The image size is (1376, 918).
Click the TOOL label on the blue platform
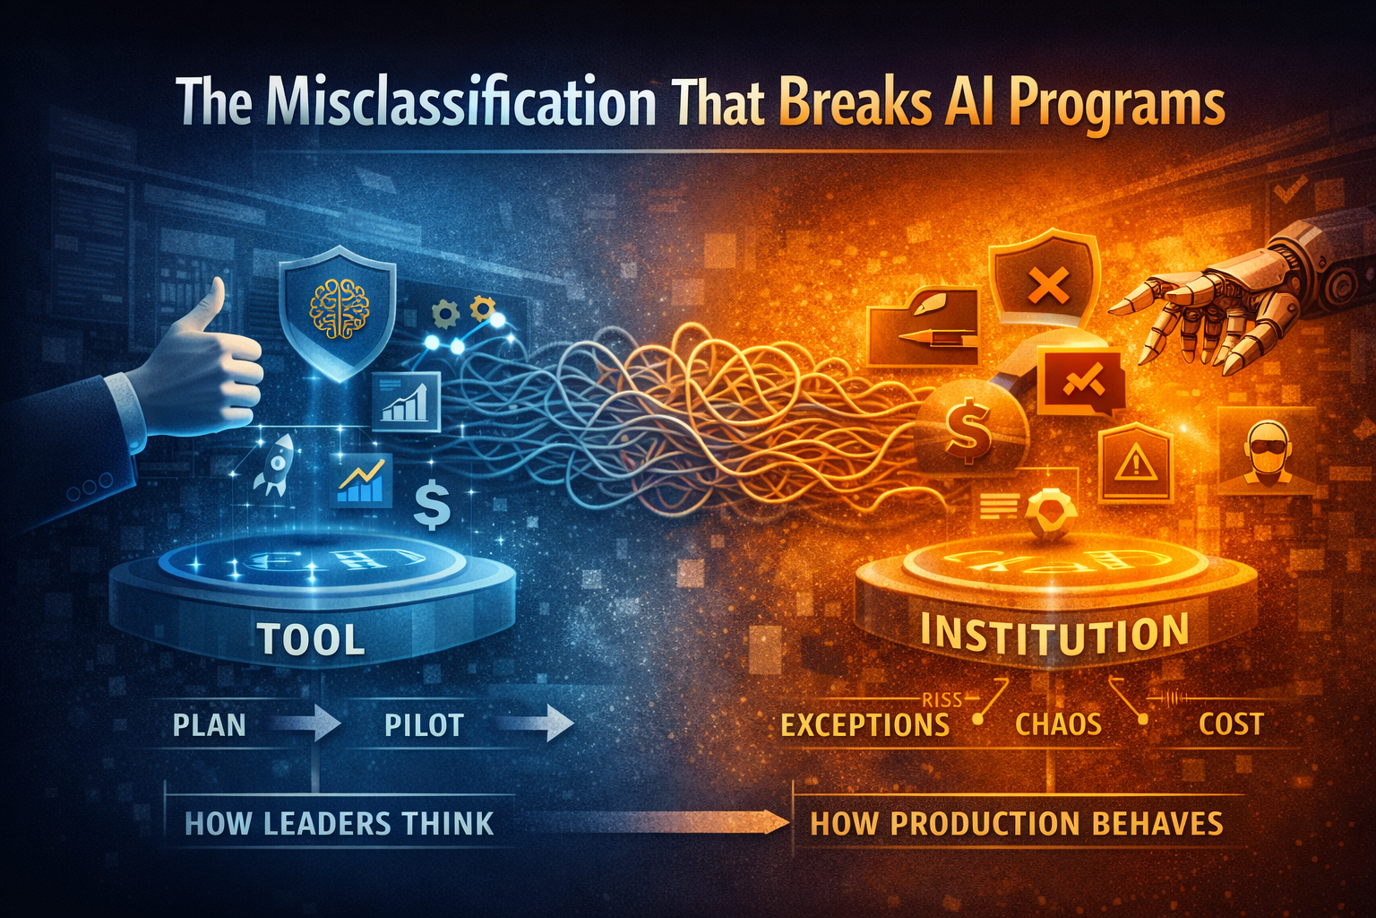click(x=311, y=639)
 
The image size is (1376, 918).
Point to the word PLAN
click(x=209, y=724)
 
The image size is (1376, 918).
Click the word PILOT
click(x=424, y=724)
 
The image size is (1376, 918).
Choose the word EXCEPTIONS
click(x=864, y=724)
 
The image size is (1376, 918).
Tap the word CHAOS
click(x=1058, y=724)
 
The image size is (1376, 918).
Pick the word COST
click(x=1231, y=724)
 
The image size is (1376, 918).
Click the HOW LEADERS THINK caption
click(x=339, y=824)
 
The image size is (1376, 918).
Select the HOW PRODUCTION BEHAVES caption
click(x=1016, y=824)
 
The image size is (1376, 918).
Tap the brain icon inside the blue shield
click(x=339, y=310)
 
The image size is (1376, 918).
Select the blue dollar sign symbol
click(x=432, y=506)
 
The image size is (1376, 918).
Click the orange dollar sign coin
click(x=967, y=429)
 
